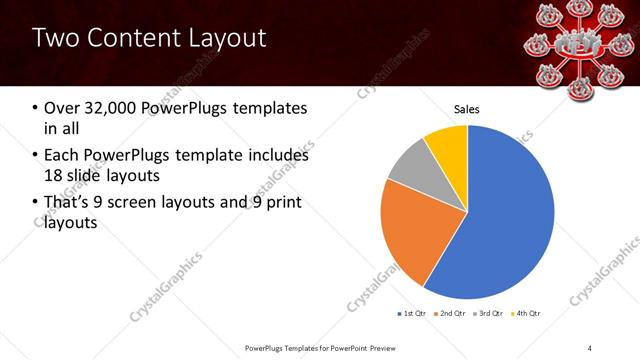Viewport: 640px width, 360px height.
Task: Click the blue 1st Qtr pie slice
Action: pos(500,220)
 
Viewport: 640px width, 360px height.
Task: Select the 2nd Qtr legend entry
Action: pos(450,314)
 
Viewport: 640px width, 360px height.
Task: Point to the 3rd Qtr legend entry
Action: pos(490,314)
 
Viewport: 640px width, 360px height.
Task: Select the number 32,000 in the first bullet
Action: pos(109,108)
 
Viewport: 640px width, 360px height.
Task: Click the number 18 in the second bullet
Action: pos(56,176)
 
